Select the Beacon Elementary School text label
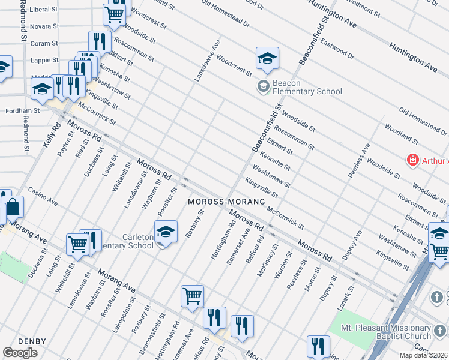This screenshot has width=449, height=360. click(x=307, y=87)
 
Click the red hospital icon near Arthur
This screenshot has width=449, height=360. click(x=412, y=160)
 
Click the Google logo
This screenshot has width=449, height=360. click(x=20, y=353)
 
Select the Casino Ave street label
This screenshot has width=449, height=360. click(x=42, y=196)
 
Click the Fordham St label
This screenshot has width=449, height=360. click(x=22, y=111)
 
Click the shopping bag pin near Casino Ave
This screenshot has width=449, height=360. click(x=14, y=208)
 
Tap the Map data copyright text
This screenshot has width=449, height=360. click(x=421, y=355)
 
